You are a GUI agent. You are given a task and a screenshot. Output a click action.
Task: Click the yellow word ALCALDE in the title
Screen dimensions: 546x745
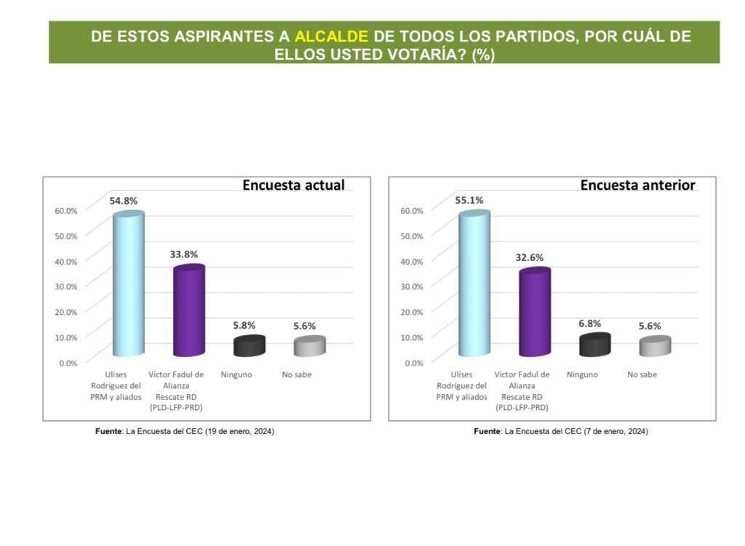[x=331, y=36]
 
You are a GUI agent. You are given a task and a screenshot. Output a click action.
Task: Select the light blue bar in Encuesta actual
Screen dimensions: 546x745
[x=128, y=284]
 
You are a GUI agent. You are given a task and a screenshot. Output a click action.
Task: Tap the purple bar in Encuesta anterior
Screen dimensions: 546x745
[x=534, y=313]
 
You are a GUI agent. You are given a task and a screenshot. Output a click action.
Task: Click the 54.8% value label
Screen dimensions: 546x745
[x=124, y=201]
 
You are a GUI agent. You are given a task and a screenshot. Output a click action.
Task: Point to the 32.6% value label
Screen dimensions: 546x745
[x=530, y=257]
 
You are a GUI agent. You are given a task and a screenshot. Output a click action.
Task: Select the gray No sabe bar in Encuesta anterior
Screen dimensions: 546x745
[x=655, y=346]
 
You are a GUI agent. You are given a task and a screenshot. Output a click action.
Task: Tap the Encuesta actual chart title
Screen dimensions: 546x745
[x=293, y=185]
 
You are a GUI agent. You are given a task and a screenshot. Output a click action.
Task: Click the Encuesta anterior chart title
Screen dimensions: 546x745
[x=637, y=185]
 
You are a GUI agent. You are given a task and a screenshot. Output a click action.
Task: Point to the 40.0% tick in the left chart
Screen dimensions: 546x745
[x=66, y=261]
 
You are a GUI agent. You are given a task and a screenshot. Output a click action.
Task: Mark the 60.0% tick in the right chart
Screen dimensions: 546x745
[x=412, y=211]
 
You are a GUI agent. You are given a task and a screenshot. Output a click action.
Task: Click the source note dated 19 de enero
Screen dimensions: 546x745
[x=185, y=431]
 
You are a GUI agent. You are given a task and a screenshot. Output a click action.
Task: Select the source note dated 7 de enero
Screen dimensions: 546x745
[x=561, y=431]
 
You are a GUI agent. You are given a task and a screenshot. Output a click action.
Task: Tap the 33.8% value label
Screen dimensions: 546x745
[x=183, y=254]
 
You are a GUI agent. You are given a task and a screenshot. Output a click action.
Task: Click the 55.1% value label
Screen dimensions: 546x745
[x=469, y=201]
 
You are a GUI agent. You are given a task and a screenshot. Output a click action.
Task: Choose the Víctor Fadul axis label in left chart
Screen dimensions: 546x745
[x=177, y=391]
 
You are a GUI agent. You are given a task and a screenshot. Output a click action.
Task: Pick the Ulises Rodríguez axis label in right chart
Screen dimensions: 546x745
[x=461, y=386]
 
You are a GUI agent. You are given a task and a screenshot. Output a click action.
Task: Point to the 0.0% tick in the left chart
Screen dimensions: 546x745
[x=68, y=362]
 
